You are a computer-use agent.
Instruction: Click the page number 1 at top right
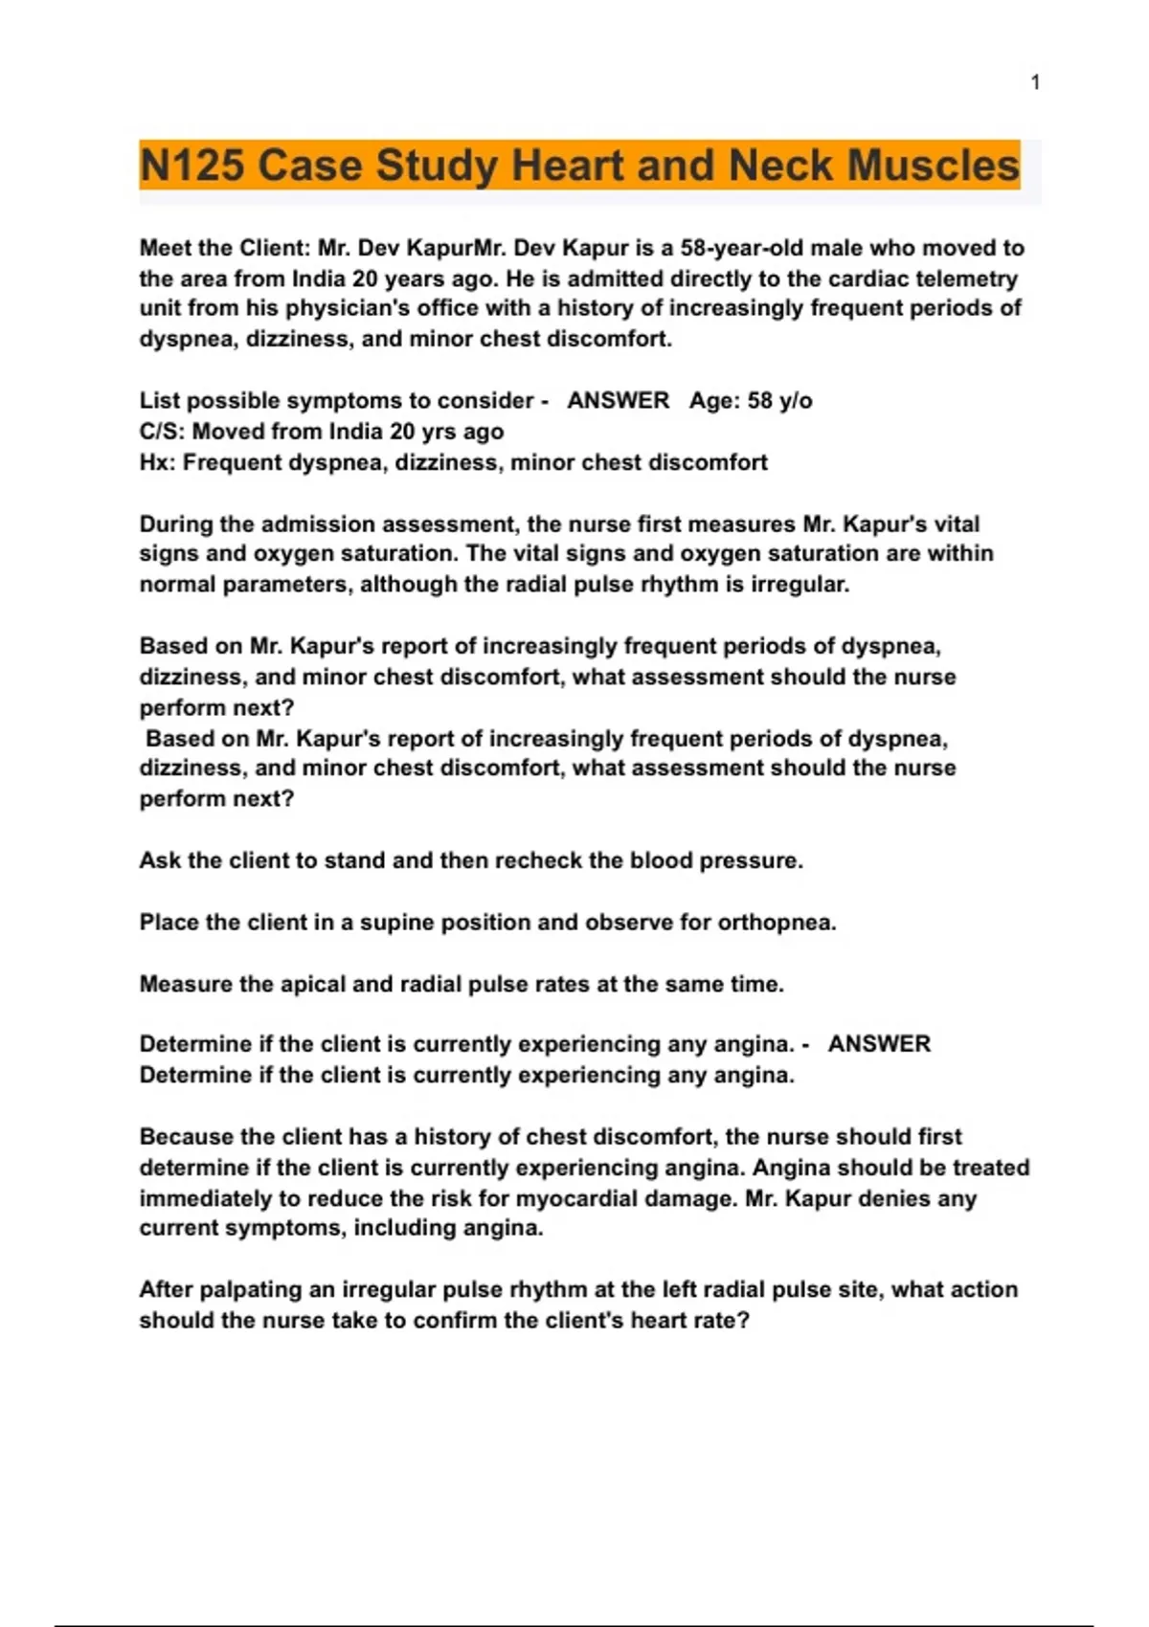point(1035,83)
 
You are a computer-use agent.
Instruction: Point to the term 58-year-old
point(743,248)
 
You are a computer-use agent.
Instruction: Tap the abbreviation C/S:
point(162,432)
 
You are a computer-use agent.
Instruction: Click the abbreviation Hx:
point(157,463)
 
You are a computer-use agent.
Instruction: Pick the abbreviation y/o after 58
point(796,400)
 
